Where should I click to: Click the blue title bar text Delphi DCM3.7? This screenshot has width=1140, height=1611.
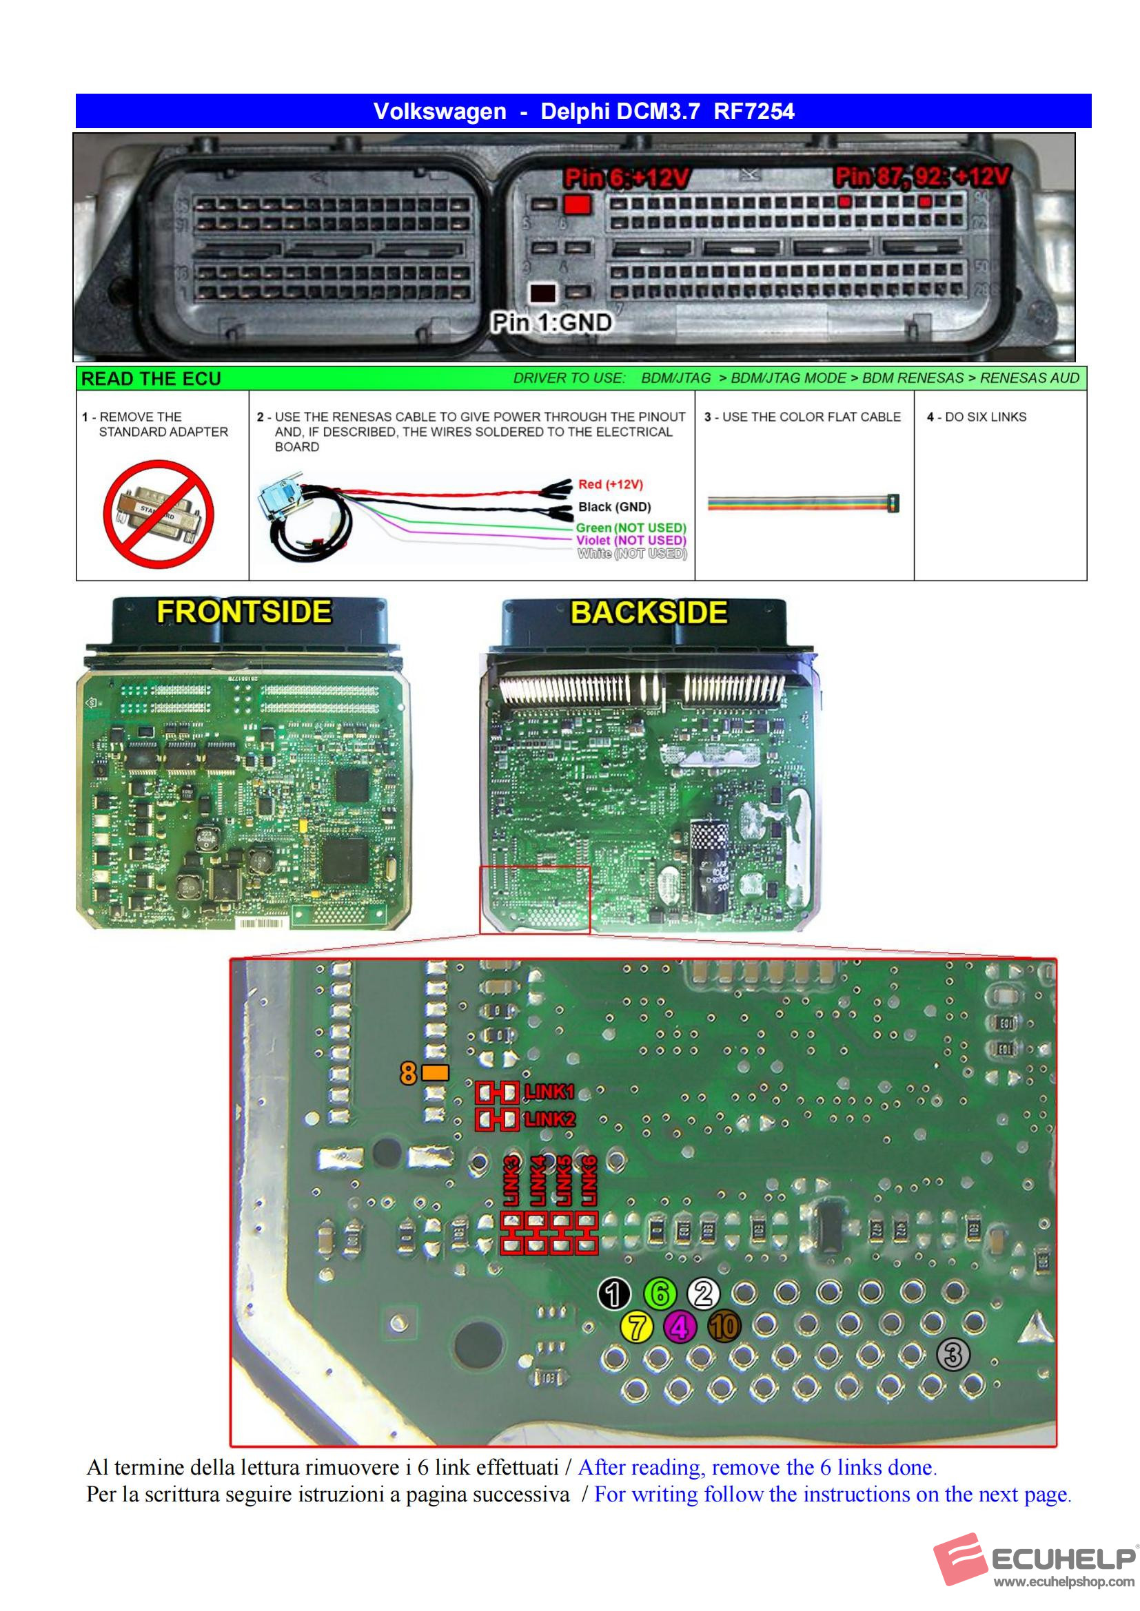619,112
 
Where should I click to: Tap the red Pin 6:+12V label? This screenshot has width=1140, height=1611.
626,178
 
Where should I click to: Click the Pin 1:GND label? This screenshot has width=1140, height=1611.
551,323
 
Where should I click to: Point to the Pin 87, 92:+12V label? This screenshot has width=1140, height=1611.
922,176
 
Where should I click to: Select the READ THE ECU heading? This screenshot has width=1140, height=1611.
151,379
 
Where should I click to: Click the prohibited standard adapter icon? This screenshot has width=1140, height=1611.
159,514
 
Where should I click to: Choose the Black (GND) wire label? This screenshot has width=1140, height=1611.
614,507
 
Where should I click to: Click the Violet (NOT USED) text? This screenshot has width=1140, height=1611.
631,540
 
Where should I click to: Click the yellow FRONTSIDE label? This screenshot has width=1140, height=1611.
243,612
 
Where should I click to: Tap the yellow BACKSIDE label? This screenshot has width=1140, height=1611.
649,612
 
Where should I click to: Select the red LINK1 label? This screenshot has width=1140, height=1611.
549,1092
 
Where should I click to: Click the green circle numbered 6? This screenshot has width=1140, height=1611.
660,1293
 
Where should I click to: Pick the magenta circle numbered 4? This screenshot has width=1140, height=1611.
680,1327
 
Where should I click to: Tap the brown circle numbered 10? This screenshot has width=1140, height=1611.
724,1327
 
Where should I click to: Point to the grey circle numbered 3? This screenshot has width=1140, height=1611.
953,1354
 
